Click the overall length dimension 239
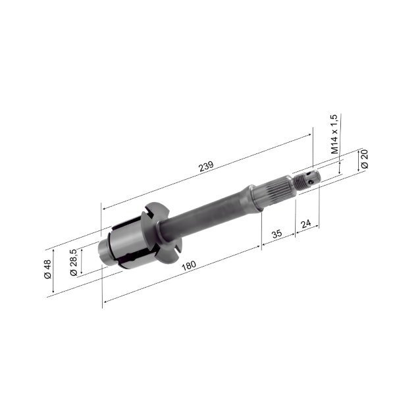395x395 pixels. pos(206,167)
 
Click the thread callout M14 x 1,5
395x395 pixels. pos(334,134)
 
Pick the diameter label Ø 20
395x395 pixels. pos(364,159)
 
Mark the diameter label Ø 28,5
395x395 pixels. pos(74,261)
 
